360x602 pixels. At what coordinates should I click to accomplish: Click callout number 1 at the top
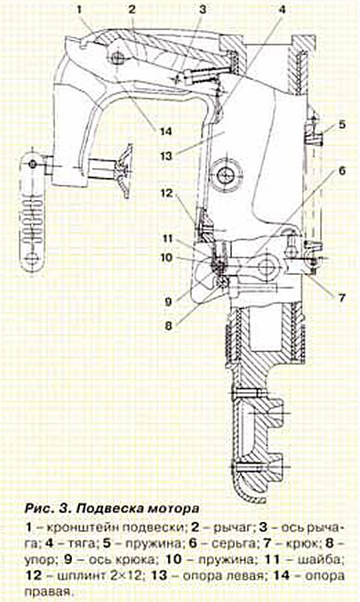(80, 10)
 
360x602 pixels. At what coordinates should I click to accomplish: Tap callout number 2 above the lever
(132, 10)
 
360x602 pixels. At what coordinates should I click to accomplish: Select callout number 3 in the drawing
(203, 10)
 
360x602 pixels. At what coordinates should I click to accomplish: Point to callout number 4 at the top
(282, 10)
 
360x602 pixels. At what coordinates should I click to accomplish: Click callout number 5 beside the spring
(341, 124)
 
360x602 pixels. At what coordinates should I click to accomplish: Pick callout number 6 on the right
(341, 171)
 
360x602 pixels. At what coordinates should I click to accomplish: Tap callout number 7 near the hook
(341, 298)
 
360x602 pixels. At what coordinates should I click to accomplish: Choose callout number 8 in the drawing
(169, 326)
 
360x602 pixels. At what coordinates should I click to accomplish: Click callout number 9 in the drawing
(168, 301)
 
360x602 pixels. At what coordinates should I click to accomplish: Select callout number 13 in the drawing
(166, 157)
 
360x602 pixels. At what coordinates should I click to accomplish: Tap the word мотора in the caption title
(173, 509)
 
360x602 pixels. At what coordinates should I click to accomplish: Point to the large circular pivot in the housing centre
(225, 176)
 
